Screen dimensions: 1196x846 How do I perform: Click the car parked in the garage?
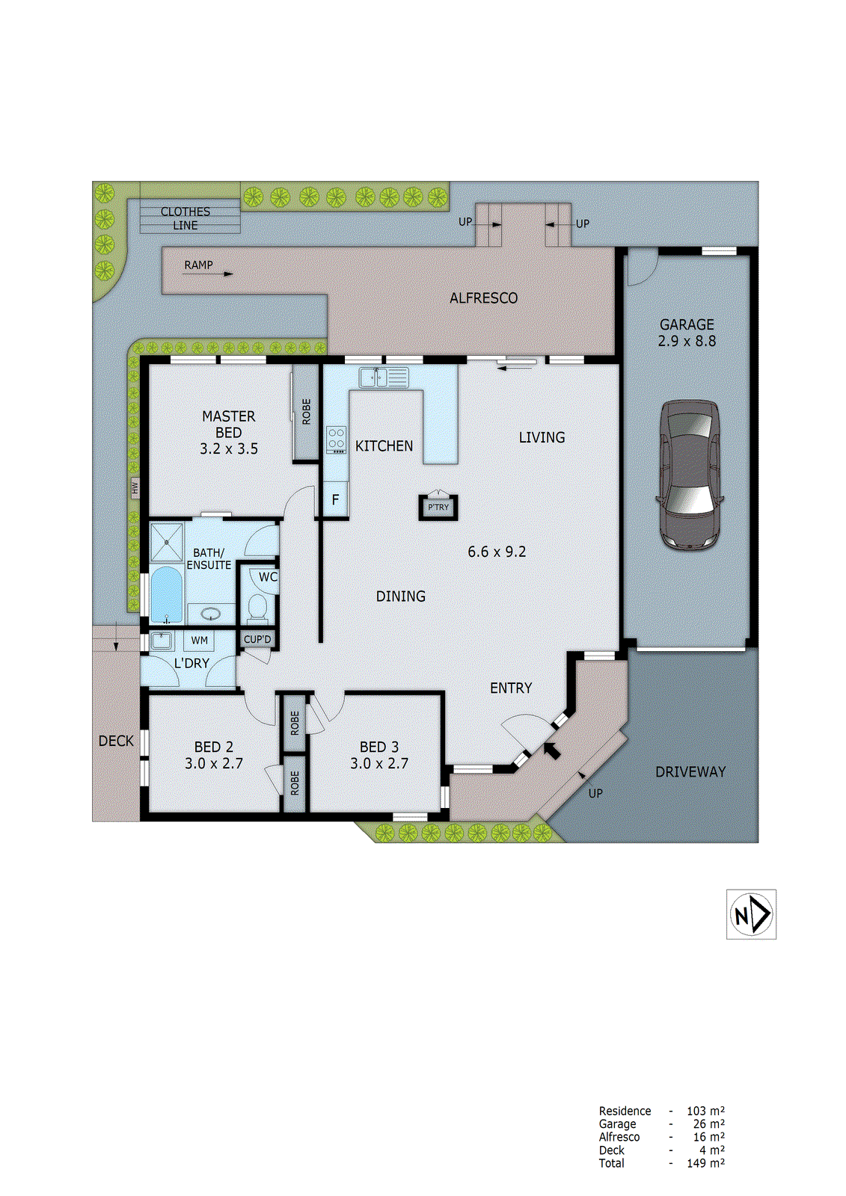tap(688, 475)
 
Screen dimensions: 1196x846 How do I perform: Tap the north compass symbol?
tap(751, 914)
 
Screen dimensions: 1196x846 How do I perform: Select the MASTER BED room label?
tap(229, 425)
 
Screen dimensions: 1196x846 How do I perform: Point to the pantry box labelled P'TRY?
tap(438, 507)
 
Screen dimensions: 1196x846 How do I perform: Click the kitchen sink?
tap(384, 377)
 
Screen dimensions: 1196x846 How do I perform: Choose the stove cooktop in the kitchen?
tap(336, 440)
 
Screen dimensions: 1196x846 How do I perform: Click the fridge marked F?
tap(335, 499)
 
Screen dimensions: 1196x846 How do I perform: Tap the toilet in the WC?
tap(257, 607)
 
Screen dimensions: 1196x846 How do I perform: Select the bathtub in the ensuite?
tap(167, 596)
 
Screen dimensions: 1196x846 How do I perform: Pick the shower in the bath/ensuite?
tap(166, 542)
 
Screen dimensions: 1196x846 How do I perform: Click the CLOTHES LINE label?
tap(186, 218)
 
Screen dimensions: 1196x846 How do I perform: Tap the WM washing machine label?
tap(199, 641)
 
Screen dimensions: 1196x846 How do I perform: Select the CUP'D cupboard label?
tap(257, 640)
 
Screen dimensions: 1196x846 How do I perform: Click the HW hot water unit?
tap(135, 489)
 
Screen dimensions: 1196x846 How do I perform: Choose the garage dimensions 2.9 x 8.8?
tap(687, 342)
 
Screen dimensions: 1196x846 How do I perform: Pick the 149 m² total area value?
tap(705, 1163)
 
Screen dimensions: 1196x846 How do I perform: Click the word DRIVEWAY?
tap(690, 772)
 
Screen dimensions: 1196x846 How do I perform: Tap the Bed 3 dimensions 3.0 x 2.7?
tap(379, 764)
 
